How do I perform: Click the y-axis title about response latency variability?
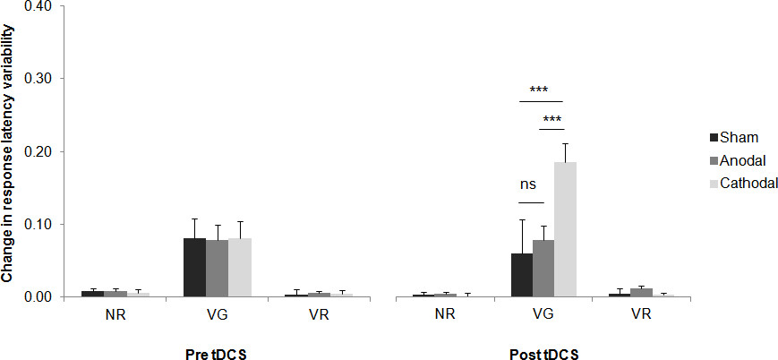click(x=8, y=152)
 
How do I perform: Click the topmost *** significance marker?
click(x=539, y=90)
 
